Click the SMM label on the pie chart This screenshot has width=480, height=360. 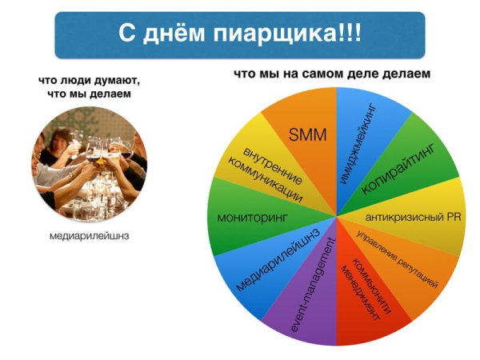coord(307,134)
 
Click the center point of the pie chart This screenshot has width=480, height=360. coord(337,216)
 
